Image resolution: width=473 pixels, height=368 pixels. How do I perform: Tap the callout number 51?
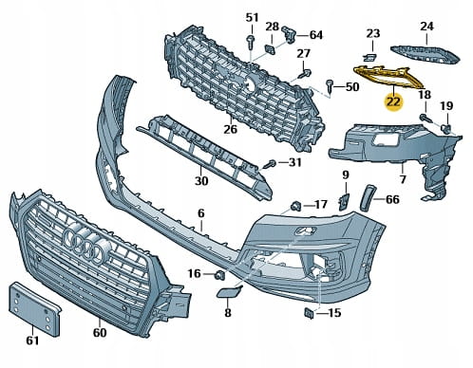tap(253, 18)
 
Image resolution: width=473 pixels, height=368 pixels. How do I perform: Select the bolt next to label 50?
tap(330, 85)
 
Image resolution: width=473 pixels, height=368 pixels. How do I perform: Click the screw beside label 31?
tap(270, 164)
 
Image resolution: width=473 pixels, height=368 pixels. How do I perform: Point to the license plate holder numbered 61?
tap(34, 308)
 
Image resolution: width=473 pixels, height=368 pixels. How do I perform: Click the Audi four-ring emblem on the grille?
tap(86, 244)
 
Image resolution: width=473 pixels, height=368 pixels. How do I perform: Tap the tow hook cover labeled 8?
tap(229, 291)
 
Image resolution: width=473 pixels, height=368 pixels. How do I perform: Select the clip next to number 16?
tap(219, 275)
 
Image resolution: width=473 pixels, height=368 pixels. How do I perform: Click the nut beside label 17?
tap(296, 206)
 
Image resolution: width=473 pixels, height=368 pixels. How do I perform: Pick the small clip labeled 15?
tap(309, 313)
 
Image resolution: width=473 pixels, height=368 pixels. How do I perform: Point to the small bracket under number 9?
tap(343, 201)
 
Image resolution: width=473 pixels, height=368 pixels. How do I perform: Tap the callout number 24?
tap(426, 27)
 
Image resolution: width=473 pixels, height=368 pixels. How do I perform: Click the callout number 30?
tap(201, 181)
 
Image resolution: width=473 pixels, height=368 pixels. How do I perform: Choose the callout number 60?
tap(100, 332)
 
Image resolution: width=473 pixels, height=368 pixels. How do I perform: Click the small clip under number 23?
tap(369, 57)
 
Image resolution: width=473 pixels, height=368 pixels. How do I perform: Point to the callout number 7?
tap(403, 179)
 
